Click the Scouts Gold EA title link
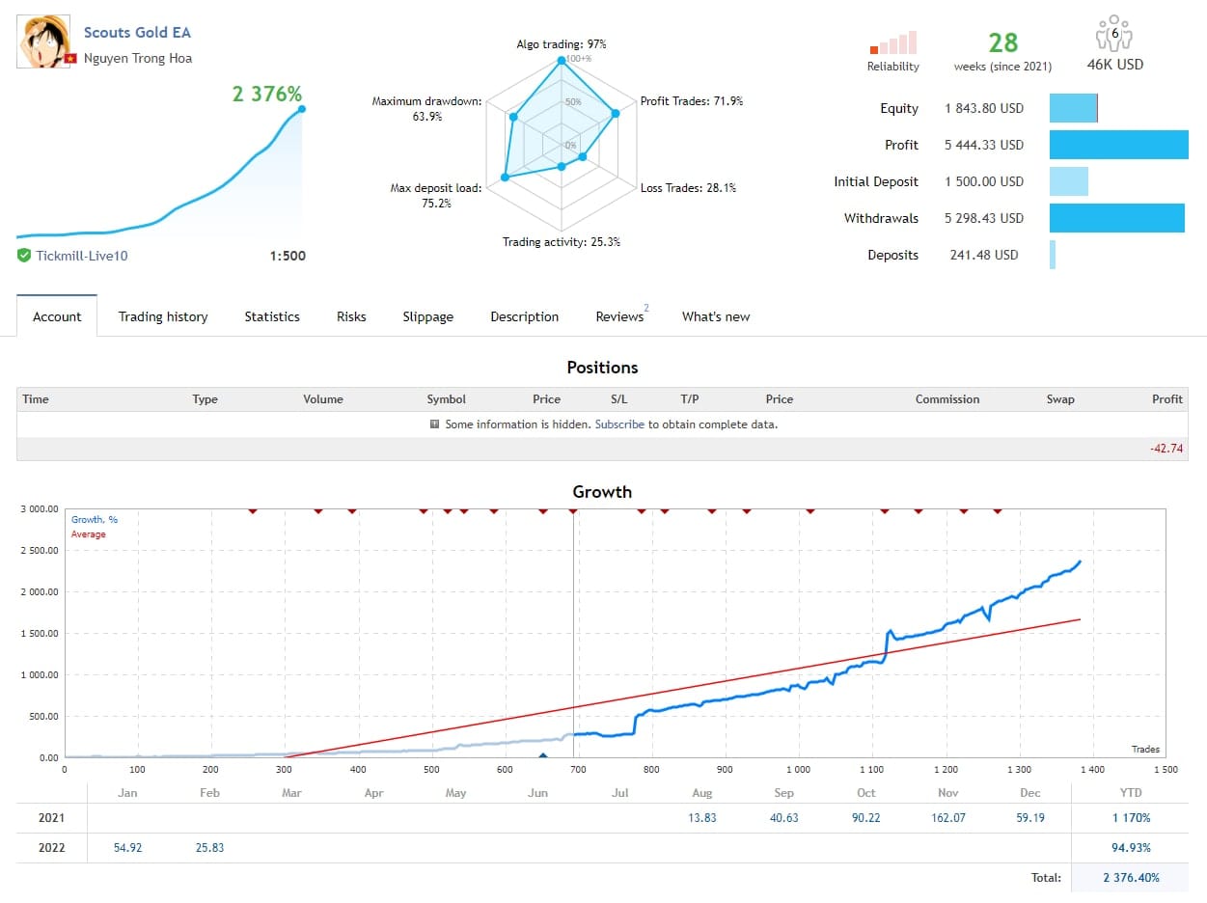click(x=137, y=33)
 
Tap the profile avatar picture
click(x=43, y=41)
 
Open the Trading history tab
click(x=163, y=316)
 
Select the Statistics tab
click(x=272, y=316)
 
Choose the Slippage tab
click(x=427, y=316)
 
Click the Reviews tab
click(x=619, y=316)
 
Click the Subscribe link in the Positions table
click(x=619, y=424)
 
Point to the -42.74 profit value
click(x=1166, y=449)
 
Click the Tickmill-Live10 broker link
click(x=82, y=256)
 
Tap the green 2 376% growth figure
click(x=266, y=94)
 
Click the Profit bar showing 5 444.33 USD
click(x=1118, y=145)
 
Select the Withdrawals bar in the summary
click(x=1117, y=218)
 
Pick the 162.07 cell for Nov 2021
click(x=948, y=818)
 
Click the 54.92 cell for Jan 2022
click(x=127, y=847)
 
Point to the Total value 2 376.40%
click(x=1131, y=878)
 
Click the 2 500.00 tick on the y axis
click(x=40, y=550)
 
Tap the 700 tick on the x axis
click(x=578, y=770)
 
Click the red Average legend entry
click(x=88, y=534)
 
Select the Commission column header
click(x=946, y=399)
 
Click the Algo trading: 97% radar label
click(x=561, y=44)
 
